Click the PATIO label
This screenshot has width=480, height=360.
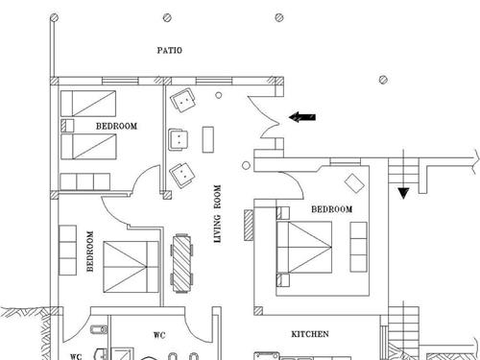[170, 50]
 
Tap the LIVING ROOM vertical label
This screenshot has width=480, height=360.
[217, 214]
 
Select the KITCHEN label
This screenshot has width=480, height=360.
[310, 334]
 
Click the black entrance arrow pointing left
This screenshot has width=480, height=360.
[302, 117]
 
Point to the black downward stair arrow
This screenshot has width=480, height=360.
[403, 193]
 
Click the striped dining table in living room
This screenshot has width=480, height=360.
[181, 263]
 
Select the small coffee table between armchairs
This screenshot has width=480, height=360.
[208, 139]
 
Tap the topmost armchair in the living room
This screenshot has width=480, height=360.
[182, 100]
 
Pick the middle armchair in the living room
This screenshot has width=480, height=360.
[179, 139]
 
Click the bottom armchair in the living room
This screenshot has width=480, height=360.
[181, 175]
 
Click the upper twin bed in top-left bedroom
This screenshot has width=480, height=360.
[88, 104]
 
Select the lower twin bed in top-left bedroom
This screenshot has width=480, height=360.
[88, 147]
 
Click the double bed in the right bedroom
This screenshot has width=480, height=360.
[304, 247]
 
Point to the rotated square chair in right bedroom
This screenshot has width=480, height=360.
[354, 183]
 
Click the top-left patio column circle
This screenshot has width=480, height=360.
[55, 17]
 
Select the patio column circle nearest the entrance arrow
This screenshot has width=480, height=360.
[383, 80]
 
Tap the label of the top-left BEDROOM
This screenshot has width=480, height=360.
[117, 126]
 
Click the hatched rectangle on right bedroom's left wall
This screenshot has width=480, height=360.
[249, 225]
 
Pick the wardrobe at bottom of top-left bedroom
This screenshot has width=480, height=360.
[85, 181]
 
